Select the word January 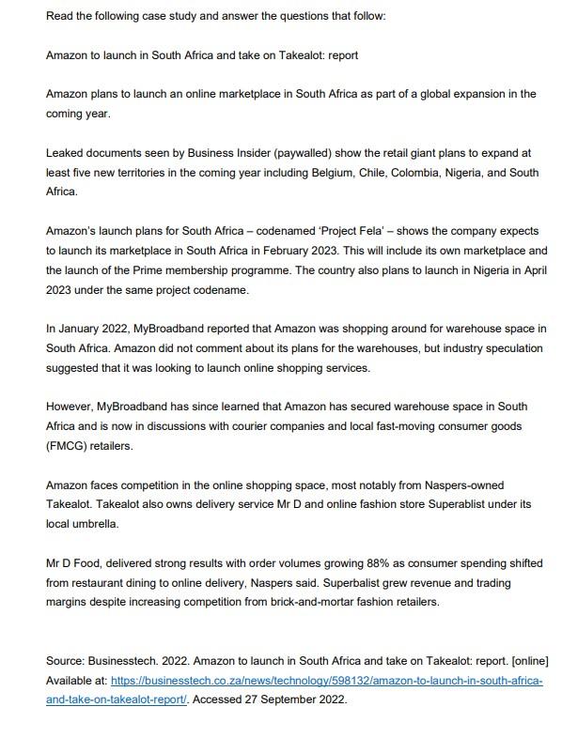point(79,329)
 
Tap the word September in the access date point(284,699)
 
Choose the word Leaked point(66,152)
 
